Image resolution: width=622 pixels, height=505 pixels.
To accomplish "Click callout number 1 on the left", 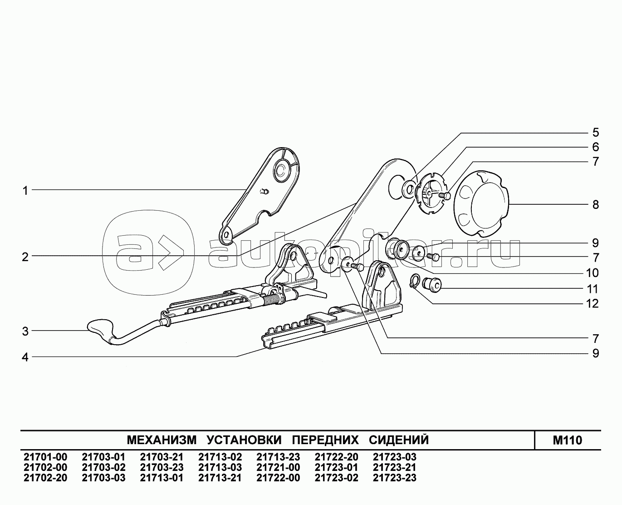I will click(26, 191).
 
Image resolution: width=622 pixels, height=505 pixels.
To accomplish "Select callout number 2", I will click(25, 257).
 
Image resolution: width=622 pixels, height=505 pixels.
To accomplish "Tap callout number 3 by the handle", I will click(25, 332).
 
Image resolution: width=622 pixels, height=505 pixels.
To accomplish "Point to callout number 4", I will click(25, 357).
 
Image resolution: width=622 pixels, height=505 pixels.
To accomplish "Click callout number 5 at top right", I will click(595, 133).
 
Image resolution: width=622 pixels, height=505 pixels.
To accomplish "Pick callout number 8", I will click(595, 204).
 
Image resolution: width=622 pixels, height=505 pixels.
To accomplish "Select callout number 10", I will click(593, 273).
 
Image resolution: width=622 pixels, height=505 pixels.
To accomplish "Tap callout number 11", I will click(593, 289).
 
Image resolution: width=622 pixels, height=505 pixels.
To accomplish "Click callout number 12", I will click(593, 303).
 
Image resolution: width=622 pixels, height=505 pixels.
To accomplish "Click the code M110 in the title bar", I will click(567, 440).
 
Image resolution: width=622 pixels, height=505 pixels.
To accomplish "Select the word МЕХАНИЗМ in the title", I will click(162, 440).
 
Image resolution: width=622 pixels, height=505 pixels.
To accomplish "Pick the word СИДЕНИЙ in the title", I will click(398, 440).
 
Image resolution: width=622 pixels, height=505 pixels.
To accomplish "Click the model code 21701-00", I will click(45, 457).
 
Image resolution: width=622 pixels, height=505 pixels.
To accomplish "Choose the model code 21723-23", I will click(394, 478).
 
